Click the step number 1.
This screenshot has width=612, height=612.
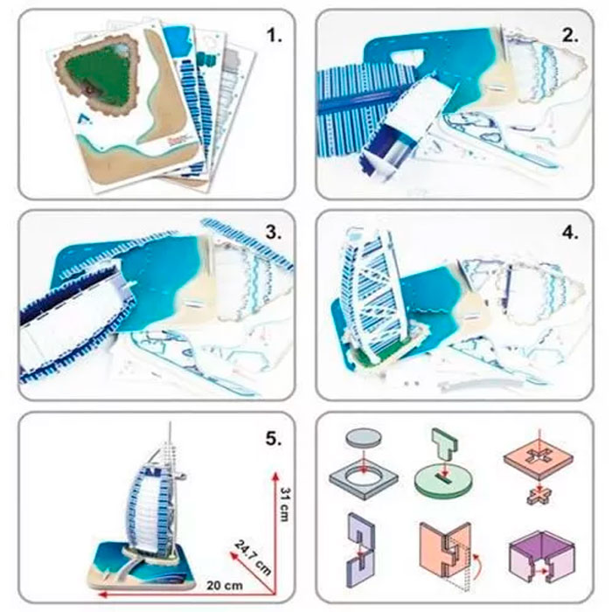275,37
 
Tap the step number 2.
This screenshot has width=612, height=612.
571,36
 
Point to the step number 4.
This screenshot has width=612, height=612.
571,233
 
